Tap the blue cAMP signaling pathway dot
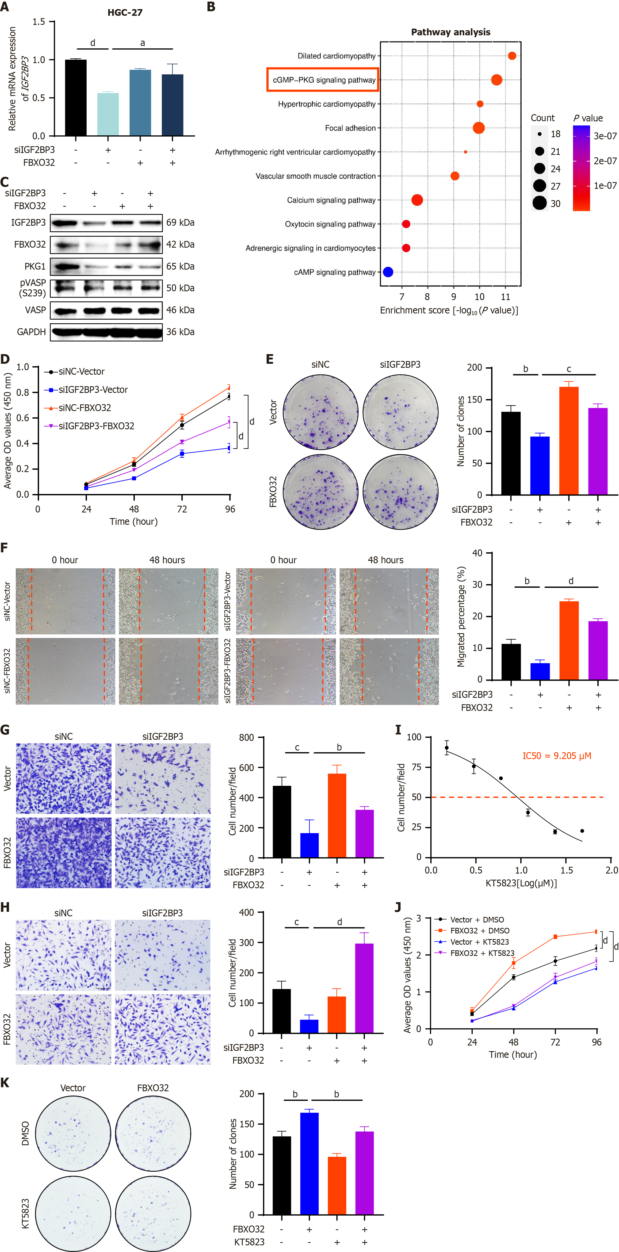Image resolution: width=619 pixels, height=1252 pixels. point(388,272)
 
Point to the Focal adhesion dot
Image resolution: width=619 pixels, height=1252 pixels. point(479,128)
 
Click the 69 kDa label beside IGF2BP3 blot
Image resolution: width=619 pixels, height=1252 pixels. point(180,223)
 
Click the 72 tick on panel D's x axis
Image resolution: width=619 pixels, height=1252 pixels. point(182,509)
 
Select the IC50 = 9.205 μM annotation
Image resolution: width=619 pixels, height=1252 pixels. point(557,756)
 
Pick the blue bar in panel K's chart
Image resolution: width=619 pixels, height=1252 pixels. point(309,1163)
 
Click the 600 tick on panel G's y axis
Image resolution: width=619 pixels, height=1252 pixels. point(247,767)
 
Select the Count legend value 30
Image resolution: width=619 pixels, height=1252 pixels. point(555,204)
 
